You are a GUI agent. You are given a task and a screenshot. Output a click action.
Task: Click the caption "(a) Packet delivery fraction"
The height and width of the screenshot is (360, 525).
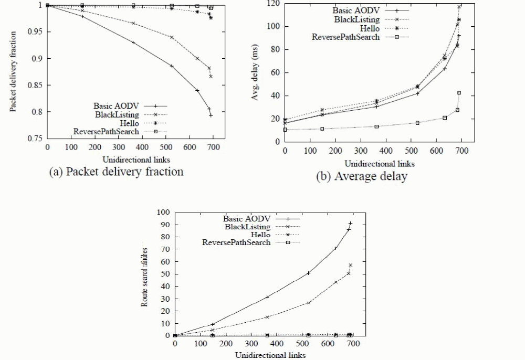pyautogui.click(x=116, y=172)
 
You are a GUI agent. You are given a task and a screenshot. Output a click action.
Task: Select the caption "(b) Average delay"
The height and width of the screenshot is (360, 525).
pyautogui.click(x=362, y=177)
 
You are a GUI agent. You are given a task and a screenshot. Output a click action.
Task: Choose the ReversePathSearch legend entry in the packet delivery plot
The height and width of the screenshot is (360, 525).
pyautogui.click(x=107, y=131)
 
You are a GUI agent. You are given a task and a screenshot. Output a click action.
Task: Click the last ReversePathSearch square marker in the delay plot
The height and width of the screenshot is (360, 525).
pyautogui.click(x=459, y=93)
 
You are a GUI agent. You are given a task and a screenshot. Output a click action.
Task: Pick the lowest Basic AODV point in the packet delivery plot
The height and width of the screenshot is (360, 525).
pyautogui.click(x=211, y=115)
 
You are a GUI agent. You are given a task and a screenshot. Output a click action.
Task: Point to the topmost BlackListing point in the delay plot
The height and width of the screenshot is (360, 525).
pyautogui.click(x=459, y=7)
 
